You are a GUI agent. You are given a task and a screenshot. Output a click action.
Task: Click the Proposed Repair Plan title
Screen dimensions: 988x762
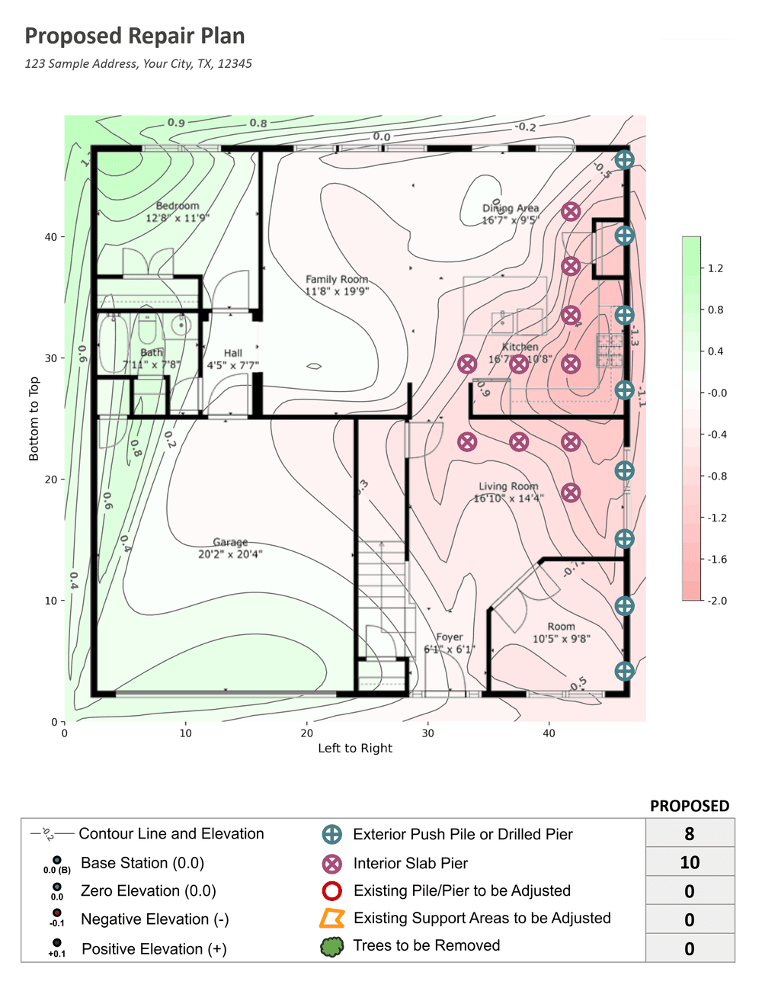135,36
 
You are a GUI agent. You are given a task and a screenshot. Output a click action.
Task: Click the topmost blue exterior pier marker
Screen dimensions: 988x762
624,159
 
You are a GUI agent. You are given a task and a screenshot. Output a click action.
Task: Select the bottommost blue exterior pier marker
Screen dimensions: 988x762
624,671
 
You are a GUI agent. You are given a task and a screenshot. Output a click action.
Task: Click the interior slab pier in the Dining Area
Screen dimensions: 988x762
571,211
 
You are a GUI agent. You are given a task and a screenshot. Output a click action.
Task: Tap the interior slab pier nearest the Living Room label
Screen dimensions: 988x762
571,492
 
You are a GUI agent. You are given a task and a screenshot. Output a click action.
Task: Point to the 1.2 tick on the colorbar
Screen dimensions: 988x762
716,268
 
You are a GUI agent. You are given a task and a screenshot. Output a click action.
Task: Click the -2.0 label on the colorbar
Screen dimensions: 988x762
716,601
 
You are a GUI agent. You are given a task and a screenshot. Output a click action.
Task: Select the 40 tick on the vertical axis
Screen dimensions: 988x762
50,237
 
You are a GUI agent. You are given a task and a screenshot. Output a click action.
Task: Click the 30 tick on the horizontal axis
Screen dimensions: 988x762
427,733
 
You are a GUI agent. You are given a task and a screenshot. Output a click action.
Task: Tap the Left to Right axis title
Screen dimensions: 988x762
355,749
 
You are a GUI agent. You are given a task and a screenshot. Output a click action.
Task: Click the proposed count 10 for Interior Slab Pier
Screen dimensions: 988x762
689,862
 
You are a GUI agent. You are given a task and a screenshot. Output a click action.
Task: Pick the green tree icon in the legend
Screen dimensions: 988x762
331,947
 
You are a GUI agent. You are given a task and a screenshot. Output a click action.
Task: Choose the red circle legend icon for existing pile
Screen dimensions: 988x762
331,890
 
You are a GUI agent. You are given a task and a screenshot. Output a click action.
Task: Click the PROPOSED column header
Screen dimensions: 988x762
689,806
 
